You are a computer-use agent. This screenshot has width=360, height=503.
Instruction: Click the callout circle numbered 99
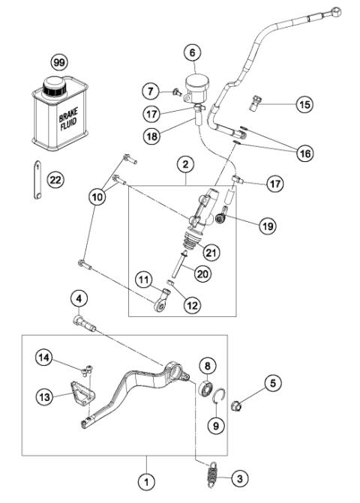pyautogui.click(x=58, y=61)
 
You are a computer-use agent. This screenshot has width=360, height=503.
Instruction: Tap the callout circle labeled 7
pyautogui.click(x=150, y=91)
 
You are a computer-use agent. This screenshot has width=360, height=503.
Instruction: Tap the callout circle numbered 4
pyautogui.click(x=79, y=299)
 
